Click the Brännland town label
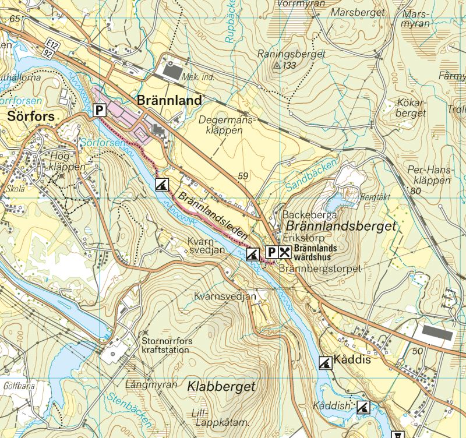pyautogui.click(x=169, y=100)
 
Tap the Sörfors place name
pyautogui.click(x=31, y=116)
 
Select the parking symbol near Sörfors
pyautogui.click(x=100, y=109)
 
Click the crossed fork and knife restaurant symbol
pyautogui.click(x=285, y=252)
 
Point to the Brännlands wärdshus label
pyautogui.click(x=315, y=252)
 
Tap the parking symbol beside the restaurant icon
pyautogui.click(x=271, y=252)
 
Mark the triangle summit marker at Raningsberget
pyautogui.click(x=277, y=66)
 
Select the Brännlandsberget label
pyautogui.click(x=339, y=225)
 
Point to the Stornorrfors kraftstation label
pyautogui.click(x=165, y=345)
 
